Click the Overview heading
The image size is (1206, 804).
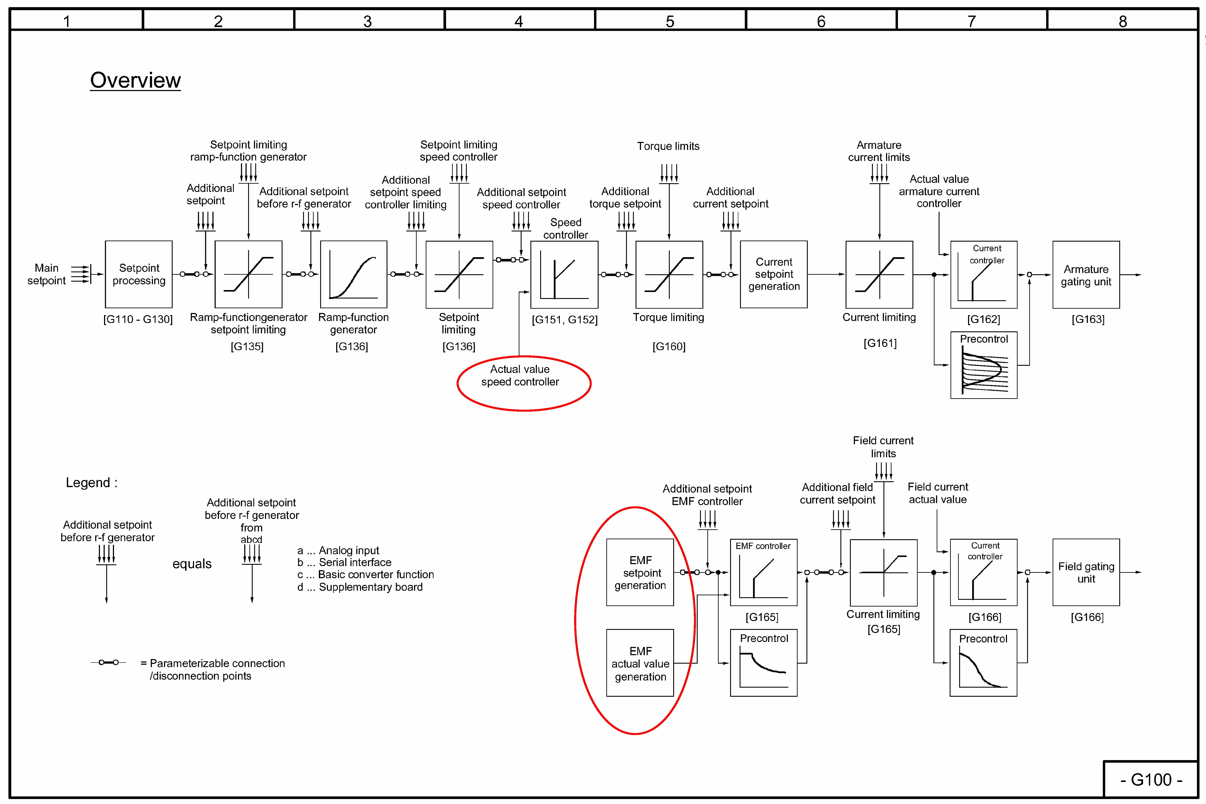click(135, 80)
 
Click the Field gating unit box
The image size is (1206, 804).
click(1086, 572)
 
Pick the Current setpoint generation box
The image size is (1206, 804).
click(774, 274)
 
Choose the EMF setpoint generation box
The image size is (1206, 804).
click(640, 572)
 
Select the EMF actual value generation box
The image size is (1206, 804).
click(640, 663)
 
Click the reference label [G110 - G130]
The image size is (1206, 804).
click(138, 319)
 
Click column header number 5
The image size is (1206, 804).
click(670, 21)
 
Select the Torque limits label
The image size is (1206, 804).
click(668, 146)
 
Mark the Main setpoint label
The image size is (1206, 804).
click(47, 274)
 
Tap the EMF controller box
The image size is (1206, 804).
click(763, 572)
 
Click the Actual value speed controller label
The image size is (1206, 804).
click(520, 375)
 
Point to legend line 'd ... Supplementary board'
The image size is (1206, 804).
click(360, 587)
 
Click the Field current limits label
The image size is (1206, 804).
click(883, 447)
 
